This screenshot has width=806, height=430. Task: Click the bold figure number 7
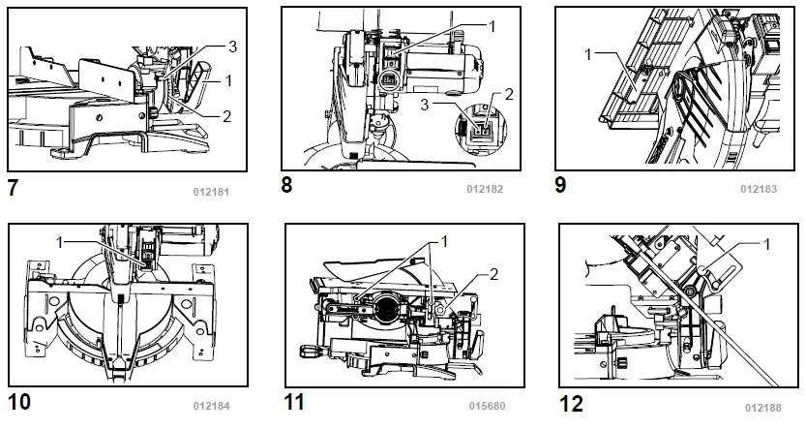pos(13,188)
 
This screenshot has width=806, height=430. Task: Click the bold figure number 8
pos(286,185)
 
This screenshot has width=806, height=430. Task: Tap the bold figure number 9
pos(560,185)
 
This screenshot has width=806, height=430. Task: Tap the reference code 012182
pos(485,189)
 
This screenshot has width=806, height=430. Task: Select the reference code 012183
pos(759,189)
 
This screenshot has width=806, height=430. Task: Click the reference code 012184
pos(211,406)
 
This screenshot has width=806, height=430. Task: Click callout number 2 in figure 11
pos(493,275)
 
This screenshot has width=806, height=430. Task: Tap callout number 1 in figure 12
pos(766,244)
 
